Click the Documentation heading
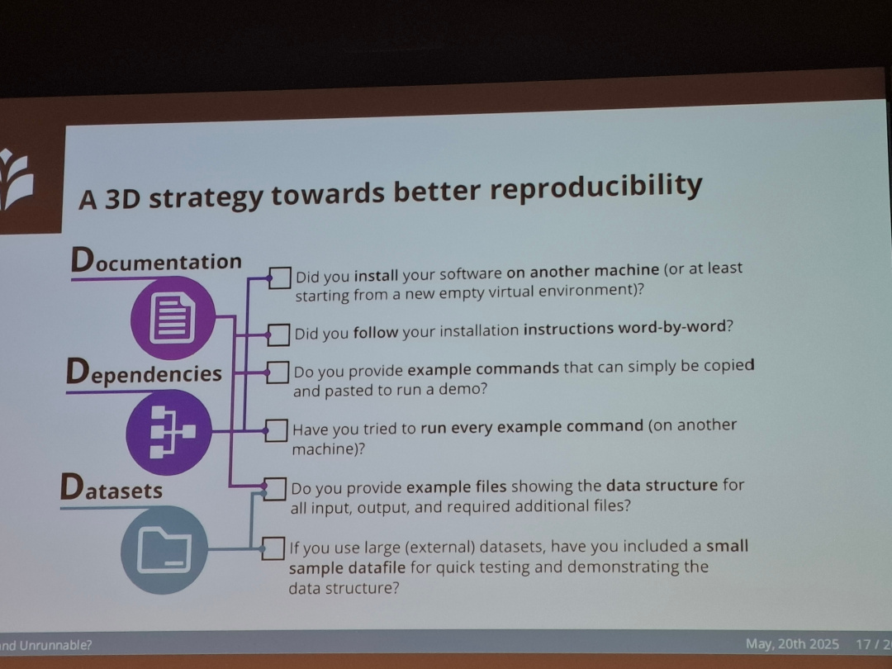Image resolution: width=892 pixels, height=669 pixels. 156,261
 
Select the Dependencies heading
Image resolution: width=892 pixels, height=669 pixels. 145,373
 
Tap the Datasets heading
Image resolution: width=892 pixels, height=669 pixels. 111,490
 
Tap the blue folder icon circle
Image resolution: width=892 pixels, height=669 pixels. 163,548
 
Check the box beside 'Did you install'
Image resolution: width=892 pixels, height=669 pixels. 280,278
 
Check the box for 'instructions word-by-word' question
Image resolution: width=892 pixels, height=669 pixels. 280,334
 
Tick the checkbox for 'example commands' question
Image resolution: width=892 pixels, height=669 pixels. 278,372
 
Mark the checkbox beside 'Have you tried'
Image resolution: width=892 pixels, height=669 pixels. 276,430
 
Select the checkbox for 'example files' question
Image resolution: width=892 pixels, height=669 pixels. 275,488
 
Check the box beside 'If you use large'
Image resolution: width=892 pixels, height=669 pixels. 273,548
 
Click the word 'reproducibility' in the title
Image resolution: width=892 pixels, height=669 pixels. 595,187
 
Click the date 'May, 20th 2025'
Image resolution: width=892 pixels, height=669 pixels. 792,644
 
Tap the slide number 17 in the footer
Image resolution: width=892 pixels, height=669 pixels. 865,644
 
